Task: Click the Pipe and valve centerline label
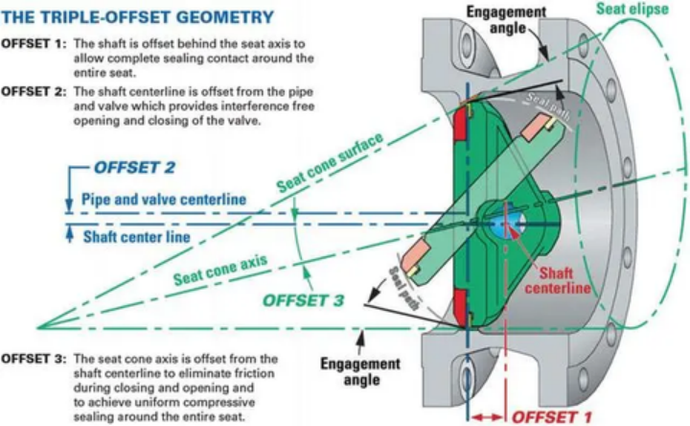click(163, 199)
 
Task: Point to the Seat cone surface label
click(330, 163)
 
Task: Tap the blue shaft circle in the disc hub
click(505, 222)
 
